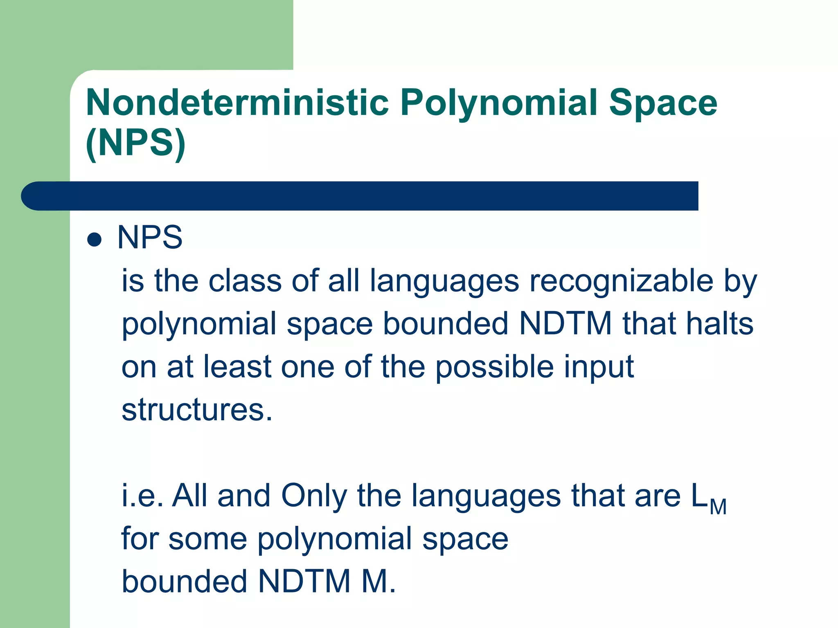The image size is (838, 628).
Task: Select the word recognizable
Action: [x=621, y=282]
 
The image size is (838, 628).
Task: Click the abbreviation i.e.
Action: [x=142, y=496]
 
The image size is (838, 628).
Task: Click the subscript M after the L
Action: [x=718, y=507]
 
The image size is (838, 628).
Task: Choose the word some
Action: [x=207, y=539]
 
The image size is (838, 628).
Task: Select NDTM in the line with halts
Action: [x=565, y=324]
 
